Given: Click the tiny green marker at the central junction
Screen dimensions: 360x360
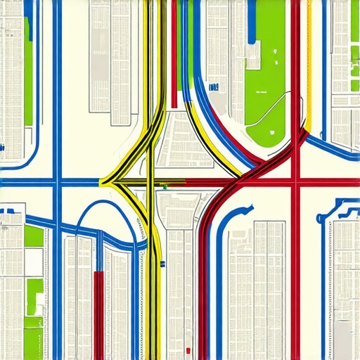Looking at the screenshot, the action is pos(165,187).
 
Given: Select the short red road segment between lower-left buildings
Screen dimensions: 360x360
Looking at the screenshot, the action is pos(98,309).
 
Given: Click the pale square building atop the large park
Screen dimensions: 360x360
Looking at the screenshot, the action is pos(252,54).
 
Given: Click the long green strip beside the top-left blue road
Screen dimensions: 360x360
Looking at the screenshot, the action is pos(27,70).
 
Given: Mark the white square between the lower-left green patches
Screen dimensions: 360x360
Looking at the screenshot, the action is pos(33,263).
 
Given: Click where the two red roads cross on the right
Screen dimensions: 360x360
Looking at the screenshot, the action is pos(296,182).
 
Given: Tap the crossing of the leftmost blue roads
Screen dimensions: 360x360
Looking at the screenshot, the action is pos(57,181).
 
